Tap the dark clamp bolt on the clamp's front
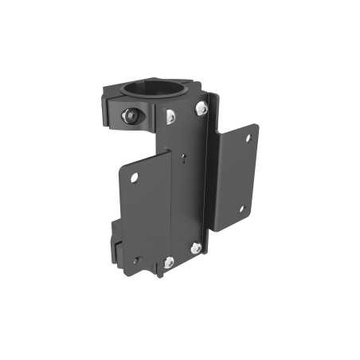pyautogui.click(x=127, y=115)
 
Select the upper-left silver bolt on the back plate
pyautogui.click(x=170, y=116)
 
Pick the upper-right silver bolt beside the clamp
pyautogui.click(x=201, y=107)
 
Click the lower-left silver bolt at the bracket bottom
pyautogui.click(x=169, y=262)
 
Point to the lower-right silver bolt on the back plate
pyautogui.click(x=196, y=249)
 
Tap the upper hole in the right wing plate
pyautogui.click(x=248, y=139)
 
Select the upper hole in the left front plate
pyautogui.click(x=135, y=177)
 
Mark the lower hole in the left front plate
pyautogui.click(x=136, y=259)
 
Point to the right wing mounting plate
pyautogui.click(x=235, y=175)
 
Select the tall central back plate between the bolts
pyautogui.click(x=190, y=191)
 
